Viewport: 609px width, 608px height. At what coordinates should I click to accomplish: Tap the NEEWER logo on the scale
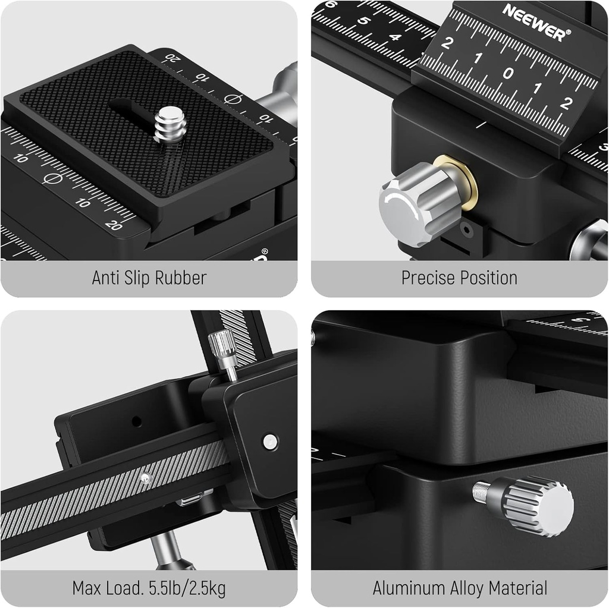533,22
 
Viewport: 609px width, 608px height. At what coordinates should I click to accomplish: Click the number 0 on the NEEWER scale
507,73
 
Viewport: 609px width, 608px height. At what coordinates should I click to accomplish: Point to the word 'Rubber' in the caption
178,278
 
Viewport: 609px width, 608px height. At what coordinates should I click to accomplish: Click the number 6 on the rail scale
331,5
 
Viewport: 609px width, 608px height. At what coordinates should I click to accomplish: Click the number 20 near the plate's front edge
113,225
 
